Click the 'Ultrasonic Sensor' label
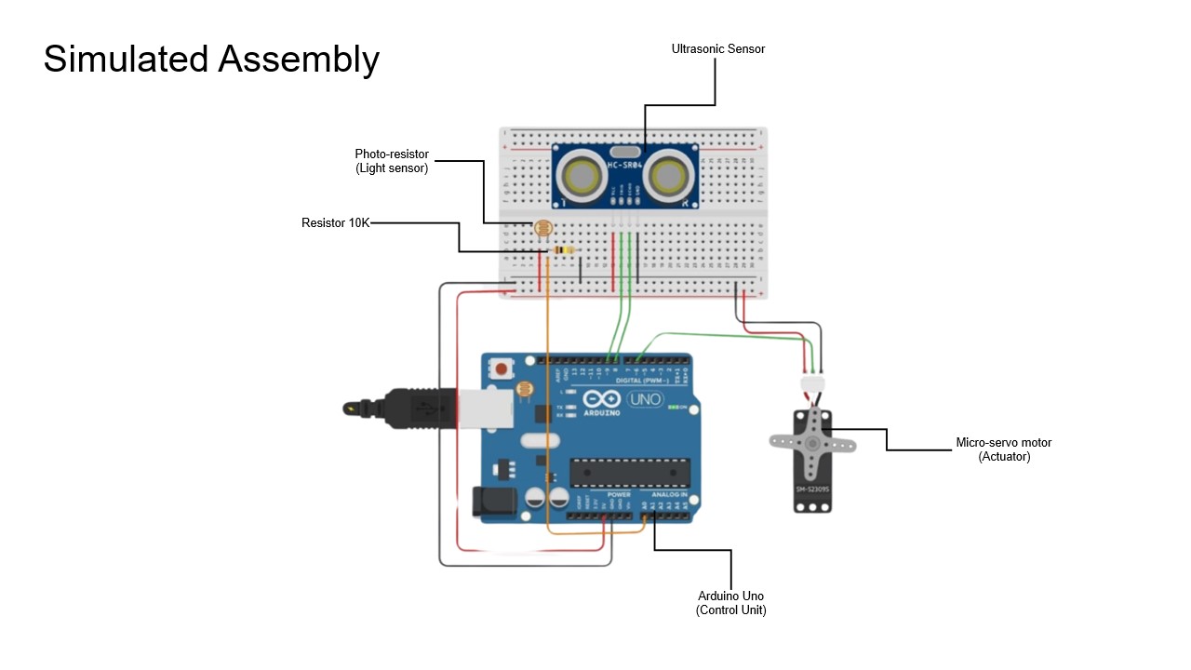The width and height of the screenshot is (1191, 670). pos(717,49)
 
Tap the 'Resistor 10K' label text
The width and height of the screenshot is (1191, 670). pos(335,223)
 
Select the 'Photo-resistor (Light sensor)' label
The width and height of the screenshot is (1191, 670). pos(392,161)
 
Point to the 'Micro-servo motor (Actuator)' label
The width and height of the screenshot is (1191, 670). pos(1004,449)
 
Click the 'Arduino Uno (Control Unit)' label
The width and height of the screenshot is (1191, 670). pos(730,603)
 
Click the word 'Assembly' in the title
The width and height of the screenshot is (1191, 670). pos(299,60)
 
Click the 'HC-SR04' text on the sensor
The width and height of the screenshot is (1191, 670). pos(625,166)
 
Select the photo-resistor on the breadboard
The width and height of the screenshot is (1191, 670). pos(541,227)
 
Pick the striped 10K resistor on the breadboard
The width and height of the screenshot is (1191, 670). pos(564,249)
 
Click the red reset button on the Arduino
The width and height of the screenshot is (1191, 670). pos(502,368)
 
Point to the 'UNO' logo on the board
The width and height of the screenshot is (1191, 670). pos(645,400)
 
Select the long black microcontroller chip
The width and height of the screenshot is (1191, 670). pos(630,473)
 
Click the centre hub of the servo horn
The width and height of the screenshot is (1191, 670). pos(814,444)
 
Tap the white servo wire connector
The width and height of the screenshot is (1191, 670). pos(812,383)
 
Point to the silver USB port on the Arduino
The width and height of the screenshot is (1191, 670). pos(487,408)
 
